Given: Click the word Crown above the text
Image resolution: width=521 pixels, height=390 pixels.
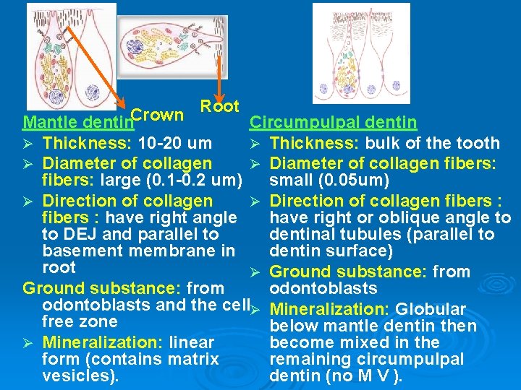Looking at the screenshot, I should tap(158, 115).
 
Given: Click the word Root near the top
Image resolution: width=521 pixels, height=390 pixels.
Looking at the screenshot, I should tap(219, 106).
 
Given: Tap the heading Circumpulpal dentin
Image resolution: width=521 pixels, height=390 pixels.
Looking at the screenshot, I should tap(333, 123).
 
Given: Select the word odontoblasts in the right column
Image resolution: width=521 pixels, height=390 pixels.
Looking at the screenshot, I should tap(323, 289).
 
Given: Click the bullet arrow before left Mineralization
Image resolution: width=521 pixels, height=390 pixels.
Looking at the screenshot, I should tap(28, 343).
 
